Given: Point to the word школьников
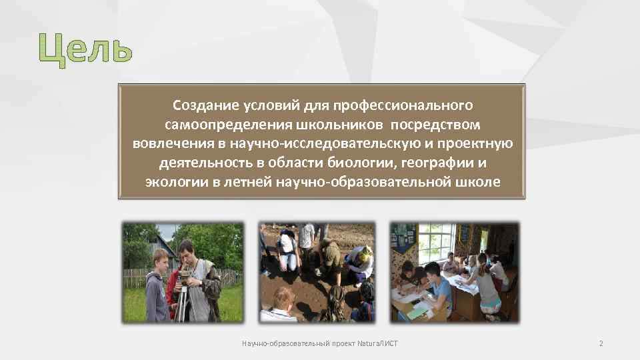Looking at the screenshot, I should (x=341, y=125).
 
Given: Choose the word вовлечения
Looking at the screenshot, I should (x=169, y=144).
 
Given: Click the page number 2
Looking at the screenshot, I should (x=601, y=344).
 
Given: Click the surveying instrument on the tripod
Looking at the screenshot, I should (x=183, y=277).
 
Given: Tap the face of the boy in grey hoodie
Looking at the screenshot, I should (x=160, y=259).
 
